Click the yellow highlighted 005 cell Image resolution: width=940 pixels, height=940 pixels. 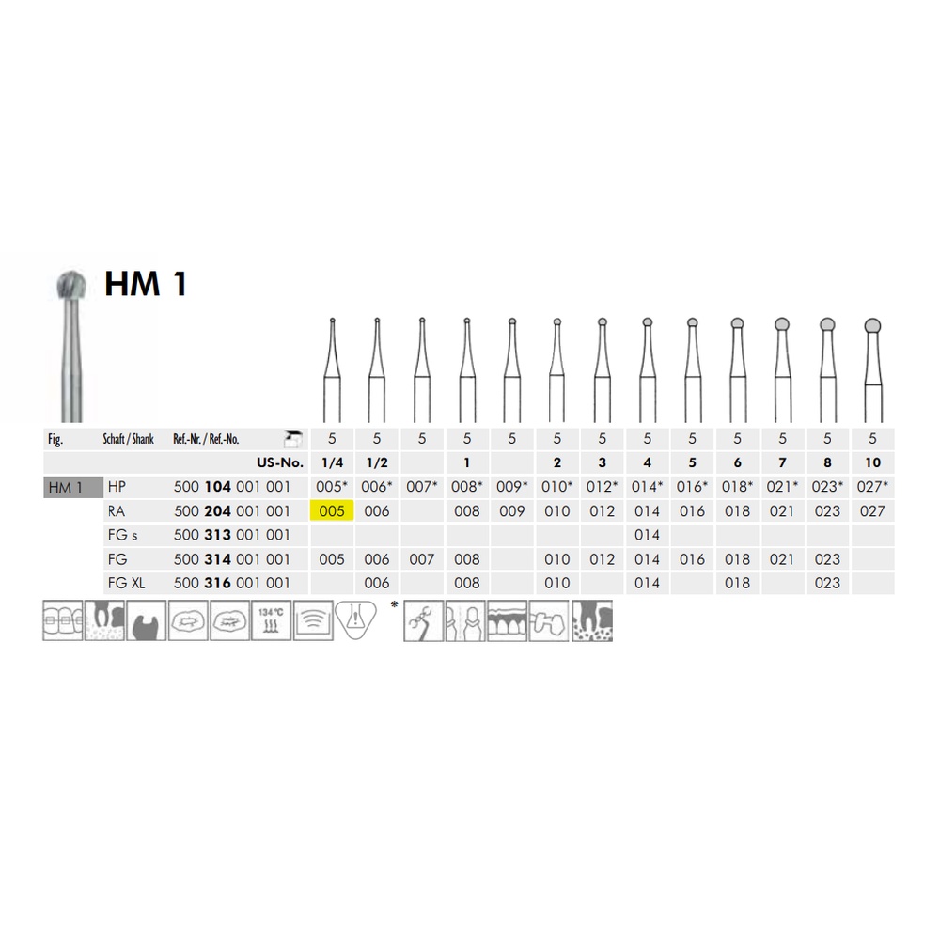coord(332,510)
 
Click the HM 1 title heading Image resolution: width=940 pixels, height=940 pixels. coord(146,284)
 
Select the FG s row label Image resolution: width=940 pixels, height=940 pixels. coord(122,535)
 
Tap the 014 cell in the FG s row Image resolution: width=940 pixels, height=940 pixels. coord(647,535)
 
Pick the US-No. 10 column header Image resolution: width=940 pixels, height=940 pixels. coord(872,462)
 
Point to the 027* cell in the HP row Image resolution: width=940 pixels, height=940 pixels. coord(872,486)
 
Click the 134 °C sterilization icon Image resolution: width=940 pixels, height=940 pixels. coord(271,620)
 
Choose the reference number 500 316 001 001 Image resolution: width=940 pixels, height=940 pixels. coord(232,583)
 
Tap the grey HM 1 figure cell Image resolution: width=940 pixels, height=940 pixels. coord(73,487)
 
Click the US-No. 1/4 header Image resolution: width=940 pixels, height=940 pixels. coord(332,462)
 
